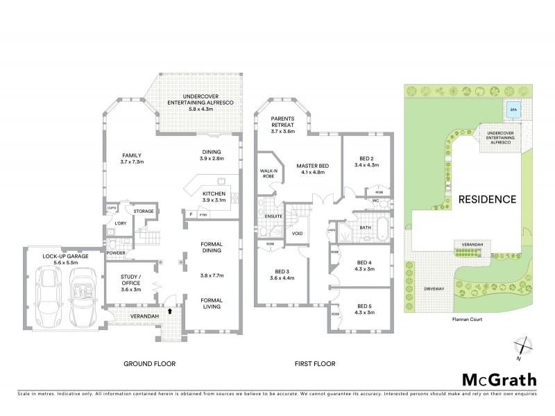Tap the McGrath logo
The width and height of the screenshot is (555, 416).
(499, 379)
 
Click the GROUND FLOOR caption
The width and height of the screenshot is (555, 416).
(149, 363)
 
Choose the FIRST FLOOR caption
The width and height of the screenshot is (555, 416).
(314, 363)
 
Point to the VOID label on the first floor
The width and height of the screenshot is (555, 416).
(298, 234)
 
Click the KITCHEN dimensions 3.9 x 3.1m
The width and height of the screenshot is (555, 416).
(214, 200)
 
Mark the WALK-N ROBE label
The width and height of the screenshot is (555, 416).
(268, 173)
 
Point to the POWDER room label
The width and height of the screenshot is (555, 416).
(116, 254)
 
